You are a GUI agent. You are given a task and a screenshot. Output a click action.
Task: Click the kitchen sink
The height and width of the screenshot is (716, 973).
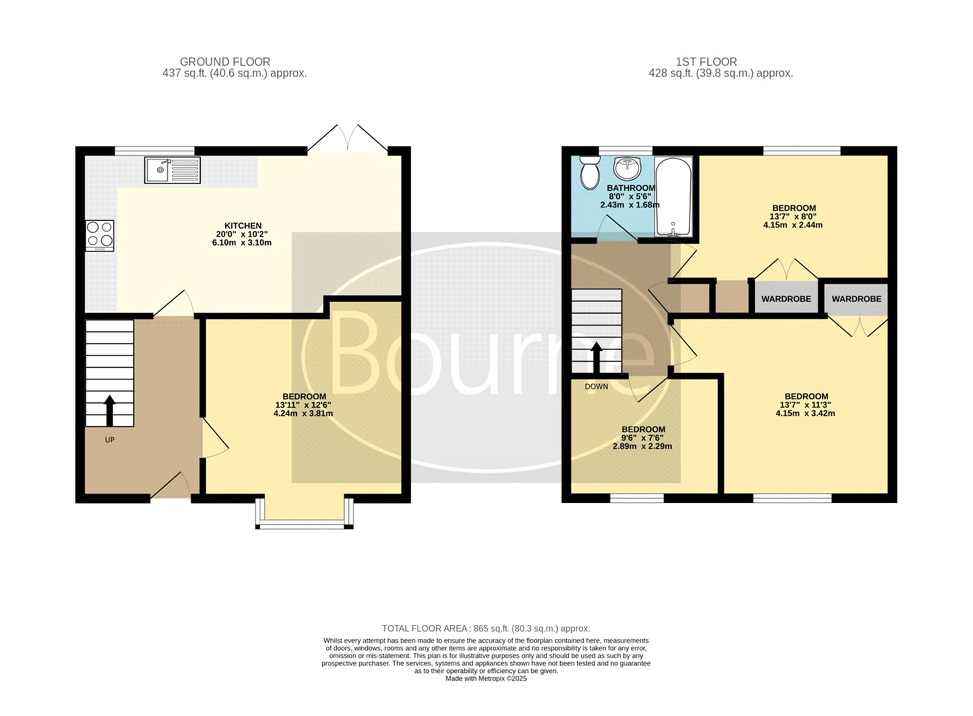tap(173, 170)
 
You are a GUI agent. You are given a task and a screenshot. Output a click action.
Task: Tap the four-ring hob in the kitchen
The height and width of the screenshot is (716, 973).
tap(100, 235)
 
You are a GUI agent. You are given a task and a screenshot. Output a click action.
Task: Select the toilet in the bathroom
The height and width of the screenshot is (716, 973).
tap(589, 173)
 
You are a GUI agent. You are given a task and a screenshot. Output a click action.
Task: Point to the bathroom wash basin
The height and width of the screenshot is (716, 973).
tap(628, 168)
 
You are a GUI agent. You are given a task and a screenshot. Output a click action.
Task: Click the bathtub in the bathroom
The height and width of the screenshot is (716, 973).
tap(673, 197)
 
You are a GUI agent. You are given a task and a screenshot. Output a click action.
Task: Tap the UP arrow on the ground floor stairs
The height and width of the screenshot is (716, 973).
tap(109, 410)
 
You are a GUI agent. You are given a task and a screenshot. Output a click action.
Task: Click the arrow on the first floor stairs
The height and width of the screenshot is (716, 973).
tap(597, 358)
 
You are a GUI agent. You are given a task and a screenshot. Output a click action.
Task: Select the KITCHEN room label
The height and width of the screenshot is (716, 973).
tap(243, 225)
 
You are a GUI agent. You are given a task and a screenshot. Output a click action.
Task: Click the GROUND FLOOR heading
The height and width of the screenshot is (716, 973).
tap(225, 62)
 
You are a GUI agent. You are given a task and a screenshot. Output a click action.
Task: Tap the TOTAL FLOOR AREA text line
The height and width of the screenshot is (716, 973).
tap(486, 628)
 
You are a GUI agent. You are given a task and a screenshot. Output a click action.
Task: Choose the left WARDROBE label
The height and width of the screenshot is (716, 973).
tap(786, 298)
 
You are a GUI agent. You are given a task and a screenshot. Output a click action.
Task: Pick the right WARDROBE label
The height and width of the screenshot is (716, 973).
tap(857, 298)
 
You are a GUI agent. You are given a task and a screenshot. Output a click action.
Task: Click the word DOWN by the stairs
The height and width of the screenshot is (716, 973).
tap(597, 387)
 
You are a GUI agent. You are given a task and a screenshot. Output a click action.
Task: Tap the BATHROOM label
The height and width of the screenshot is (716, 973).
tap(631, 188)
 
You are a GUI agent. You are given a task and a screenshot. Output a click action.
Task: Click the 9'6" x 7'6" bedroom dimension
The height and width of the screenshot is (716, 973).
tap(642, 438)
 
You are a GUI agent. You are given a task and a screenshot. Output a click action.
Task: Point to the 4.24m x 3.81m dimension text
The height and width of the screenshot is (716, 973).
tap(303, 413)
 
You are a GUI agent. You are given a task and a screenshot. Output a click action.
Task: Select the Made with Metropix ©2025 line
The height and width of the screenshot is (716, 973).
tap(486, 678)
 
